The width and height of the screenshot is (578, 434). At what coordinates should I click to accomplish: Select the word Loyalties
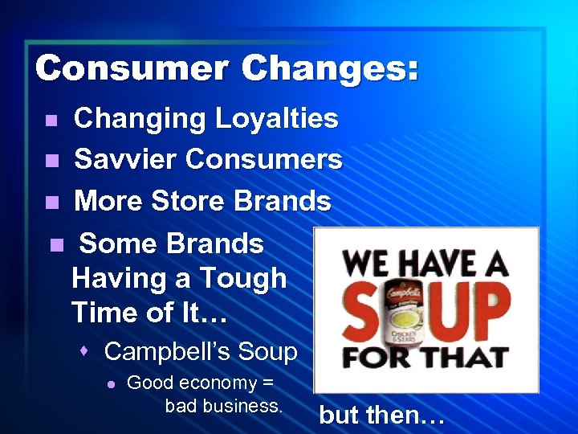coord(277,119)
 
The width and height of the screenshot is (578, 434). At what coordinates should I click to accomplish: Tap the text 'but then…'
coord(381,415)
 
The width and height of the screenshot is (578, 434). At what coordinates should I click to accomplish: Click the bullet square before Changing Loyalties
coord(51,121)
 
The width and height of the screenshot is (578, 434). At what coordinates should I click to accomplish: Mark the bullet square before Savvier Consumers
coord(51,161)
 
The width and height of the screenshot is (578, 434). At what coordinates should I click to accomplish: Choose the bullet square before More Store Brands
coord(51,202)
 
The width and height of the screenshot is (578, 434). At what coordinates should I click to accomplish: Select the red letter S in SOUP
coord(363,309)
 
